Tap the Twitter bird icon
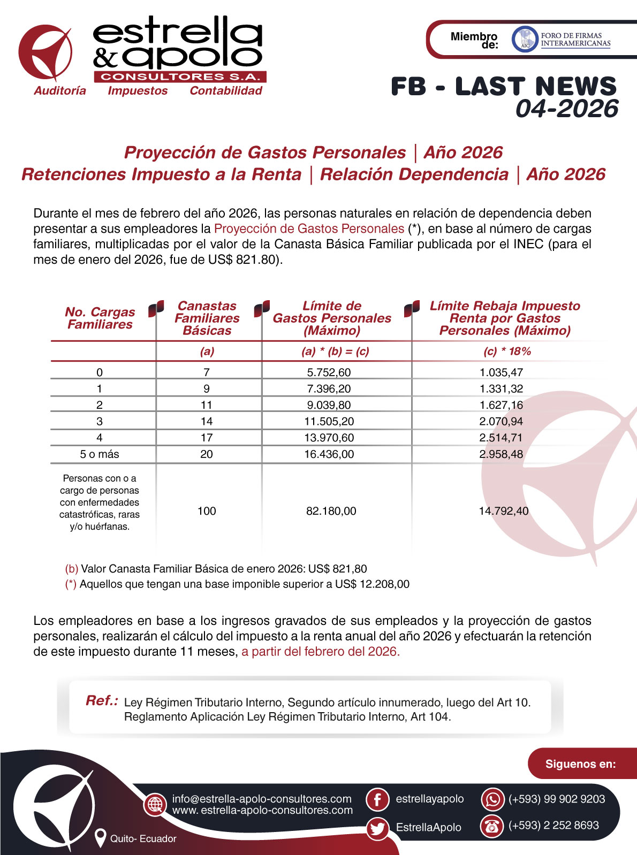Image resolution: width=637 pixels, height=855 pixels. [377, 828]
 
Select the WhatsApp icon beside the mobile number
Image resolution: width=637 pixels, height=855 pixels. [492, 799]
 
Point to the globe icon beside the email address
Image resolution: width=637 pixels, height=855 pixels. [155, 804]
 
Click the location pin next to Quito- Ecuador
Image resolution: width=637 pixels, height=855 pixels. [100, 838]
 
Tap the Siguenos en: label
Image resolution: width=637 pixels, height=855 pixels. [580, 764]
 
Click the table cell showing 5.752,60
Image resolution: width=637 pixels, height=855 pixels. [329, 372]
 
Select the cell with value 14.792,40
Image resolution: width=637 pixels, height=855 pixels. [503, 511]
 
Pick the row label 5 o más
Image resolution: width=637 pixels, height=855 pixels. [100, 454]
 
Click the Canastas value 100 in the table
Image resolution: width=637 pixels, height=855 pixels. [207, 511]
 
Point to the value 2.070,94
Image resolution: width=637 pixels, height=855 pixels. [501, 421]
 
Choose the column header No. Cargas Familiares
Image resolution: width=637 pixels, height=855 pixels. [100, 318]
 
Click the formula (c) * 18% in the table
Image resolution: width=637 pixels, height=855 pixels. [507, 352]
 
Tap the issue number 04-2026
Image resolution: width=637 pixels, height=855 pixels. [567, 109]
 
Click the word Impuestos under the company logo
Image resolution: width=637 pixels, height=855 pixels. [138, 91]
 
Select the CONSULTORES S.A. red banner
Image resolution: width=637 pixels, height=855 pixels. [180, 77]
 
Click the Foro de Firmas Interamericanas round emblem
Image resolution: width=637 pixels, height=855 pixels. [525, 40]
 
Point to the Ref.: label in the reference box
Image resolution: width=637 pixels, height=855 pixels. [102, 701]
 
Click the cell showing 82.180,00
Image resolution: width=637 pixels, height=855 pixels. [331, 511]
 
